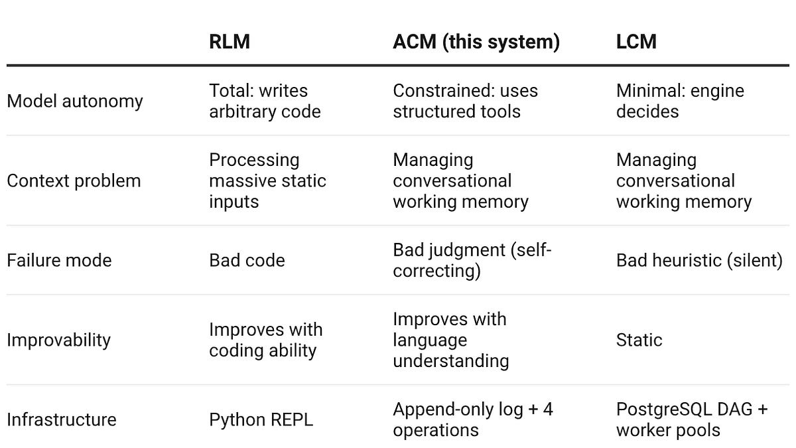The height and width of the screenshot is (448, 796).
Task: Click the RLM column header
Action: pos(230,42)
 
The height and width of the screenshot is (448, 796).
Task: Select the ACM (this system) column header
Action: pos(476,42)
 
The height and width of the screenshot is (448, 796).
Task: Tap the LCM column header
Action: pos(636,42)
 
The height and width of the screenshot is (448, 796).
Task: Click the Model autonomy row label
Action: pos(74,102)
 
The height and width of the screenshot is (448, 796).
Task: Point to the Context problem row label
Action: pos(74,181)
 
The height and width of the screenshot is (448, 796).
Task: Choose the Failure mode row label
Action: pos(59,260)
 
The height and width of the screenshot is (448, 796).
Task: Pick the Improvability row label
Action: pos(58,340)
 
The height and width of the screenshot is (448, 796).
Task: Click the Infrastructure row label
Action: pos(62,419)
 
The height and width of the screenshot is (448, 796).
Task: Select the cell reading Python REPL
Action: pos(261,419)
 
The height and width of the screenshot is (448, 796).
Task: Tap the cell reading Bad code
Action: pos(247,260)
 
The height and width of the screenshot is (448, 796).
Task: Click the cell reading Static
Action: pos(639,340)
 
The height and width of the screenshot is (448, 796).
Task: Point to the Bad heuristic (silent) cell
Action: pos(699,260)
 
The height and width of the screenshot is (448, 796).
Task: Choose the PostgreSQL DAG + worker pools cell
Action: pos(691,419)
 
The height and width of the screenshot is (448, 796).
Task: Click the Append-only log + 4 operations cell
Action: pos(472,419)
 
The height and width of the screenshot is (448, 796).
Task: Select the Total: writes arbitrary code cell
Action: pos(265,102)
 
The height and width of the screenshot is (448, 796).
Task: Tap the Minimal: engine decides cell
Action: pos(680,102)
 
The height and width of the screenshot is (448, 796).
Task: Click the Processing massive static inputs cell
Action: pos(267,181)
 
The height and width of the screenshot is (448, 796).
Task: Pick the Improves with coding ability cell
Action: pos(265,340)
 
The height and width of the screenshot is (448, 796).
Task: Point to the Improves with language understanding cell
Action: pos(450,340)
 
